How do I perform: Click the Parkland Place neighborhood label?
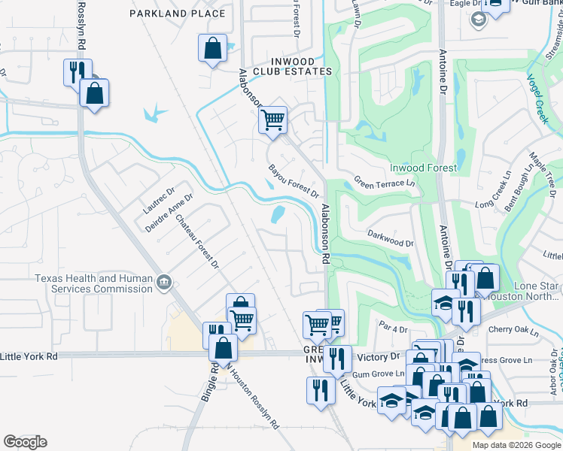tap(177, 14)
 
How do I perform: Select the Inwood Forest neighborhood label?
tap(422, 168)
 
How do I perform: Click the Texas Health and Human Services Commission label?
tap(94, 283)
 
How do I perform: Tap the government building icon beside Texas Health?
tap(163, 283)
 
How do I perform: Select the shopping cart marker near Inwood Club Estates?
tap(272, 119)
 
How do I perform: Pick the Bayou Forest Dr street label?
tap(293, 180)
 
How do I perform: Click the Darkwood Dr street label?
tap(390, 239)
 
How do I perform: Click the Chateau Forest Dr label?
tap(196, 242)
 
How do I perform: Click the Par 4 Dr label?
tap(394, 326)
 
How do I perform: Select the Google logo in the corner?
tap(25, 442)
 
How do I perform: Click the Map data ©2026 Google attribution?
tap(517, 445)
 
